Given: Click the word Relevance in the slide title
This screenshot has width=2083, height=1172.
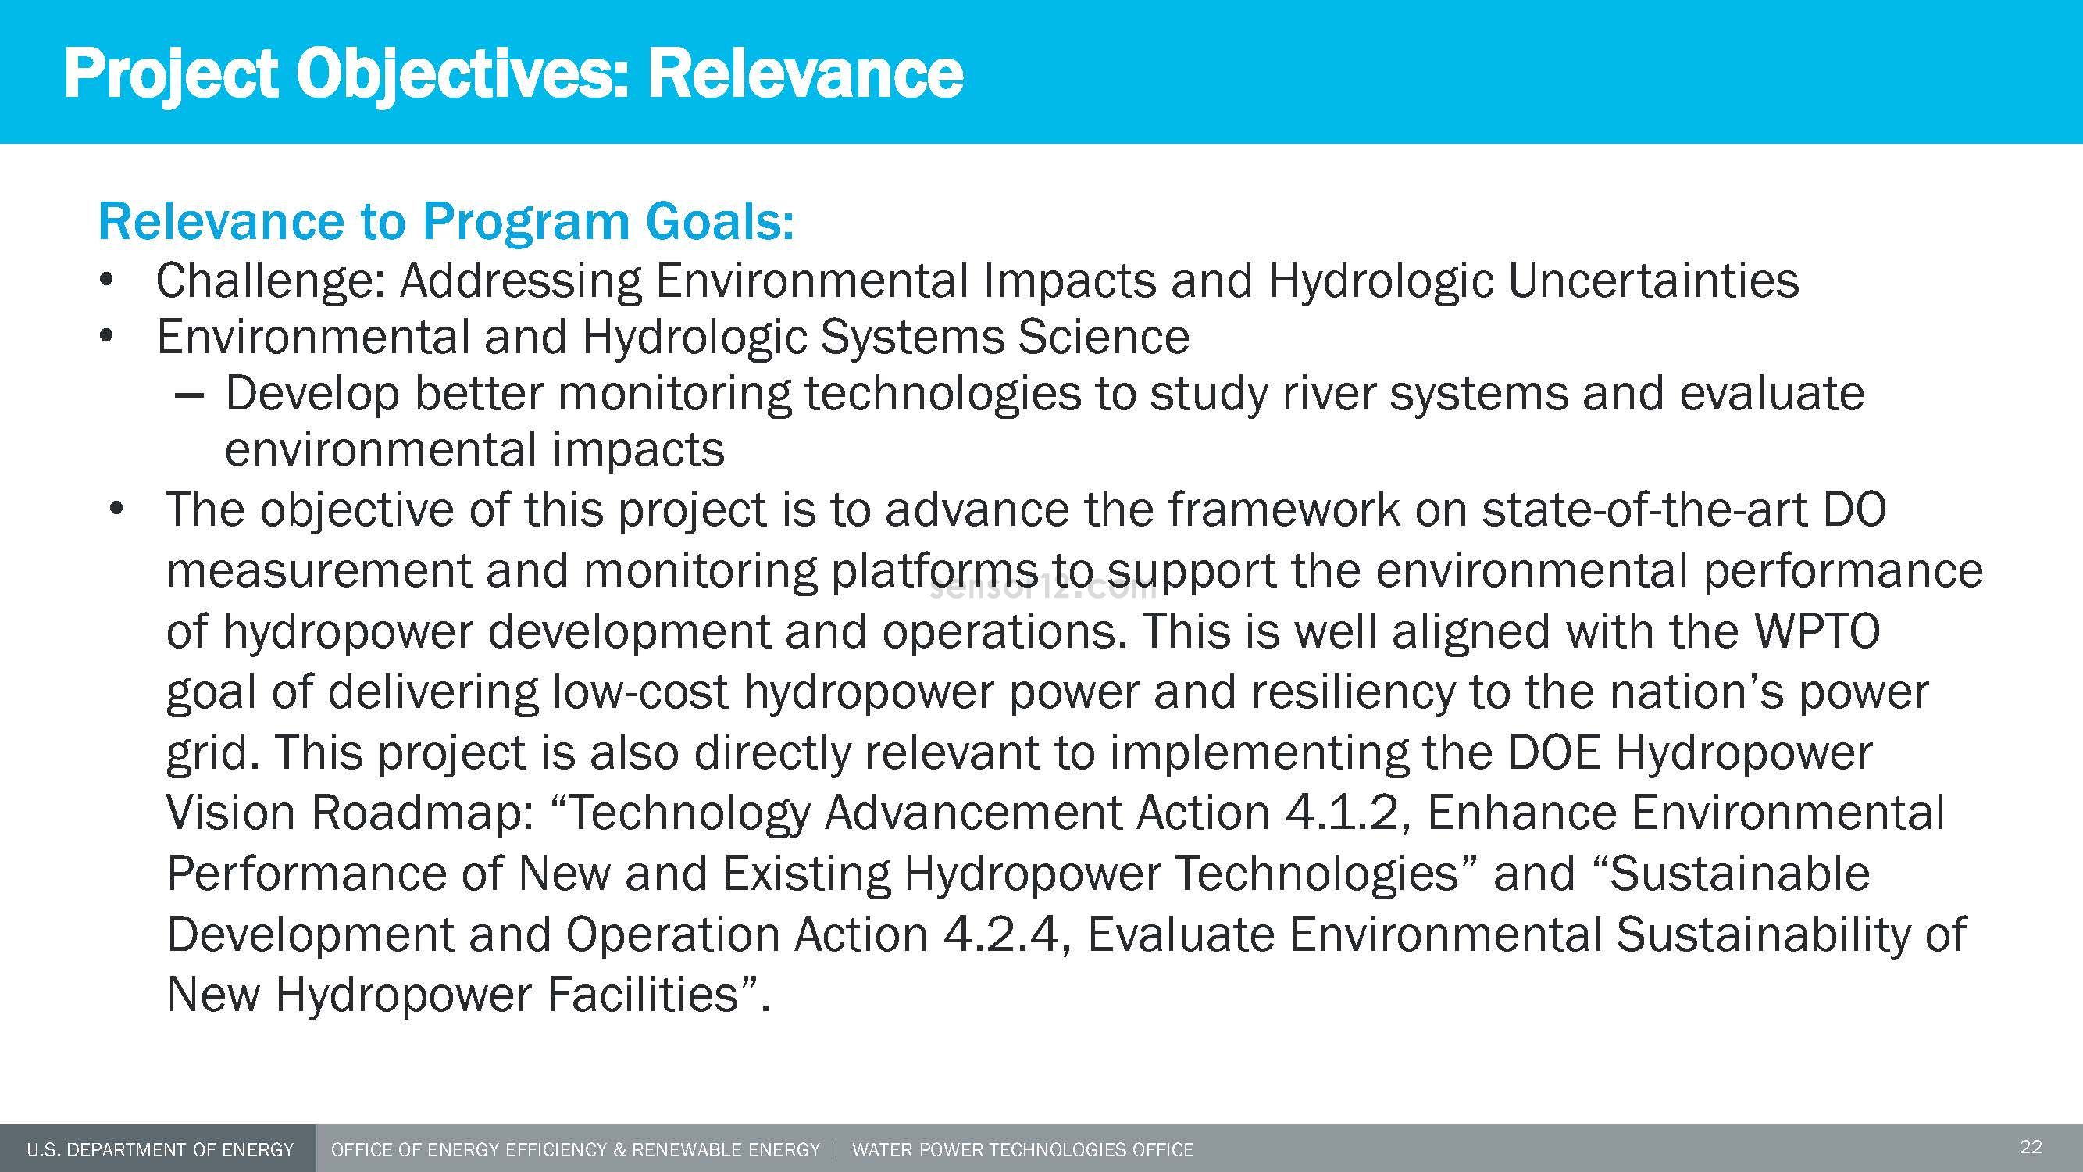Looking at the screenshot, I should point(804,74).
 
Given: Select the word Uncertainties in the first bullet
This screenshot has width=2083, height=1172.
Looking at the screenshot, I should point(1653,281).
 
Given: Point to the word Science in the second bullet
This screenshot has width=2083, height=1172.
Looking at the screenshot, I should point(1103,338).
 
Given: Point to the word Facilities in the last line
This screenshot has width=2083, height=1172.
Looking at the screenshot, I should point(643,995).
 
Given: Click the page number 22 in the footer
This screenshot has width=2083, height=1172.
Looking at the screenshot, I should point(2031,1147).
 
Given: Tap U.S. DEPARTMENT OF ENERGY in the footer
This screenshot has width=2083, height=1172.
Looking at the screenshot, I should point(160,1150).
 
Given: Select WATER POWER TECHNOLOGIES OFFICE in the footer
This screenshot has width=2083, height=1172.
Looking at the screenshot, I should point(1022,1150).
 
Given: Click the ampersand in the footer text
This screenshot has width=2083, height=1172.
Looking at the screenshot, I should point(619,1150).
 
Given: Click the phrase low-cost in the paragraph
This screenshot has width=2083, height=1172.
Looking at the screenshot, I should point(640,692).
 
